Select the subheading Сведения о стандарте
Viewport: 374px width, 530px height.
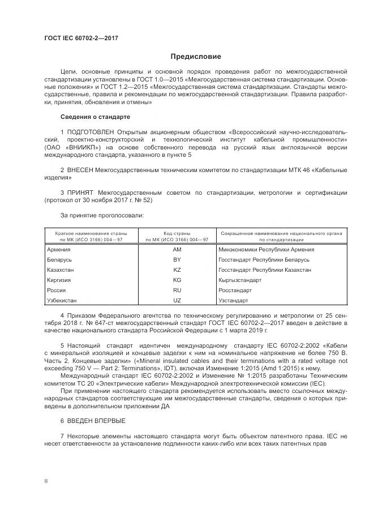point(95,117)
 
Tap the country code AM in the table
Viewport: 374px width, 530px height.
point(177,249)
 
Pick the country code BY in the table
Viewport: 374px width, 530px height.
point(177,259)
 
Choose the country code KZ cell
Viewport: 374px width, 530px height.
point(177,270)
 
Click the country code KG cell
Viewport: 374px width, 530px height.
point(177,280)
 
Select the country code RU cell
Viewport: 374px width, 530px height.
point(177,290)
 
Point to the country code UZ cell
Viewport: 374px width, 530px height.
point(177,300)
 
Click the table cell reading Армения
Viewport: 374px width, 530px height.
point(59,249)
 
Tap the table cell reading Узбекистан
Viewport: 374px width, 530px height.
point(62,300)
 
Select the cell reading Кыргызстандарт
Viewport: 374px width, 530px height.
point(239,280)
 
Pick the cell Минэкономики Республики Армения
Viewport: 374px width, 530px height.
point(266,249)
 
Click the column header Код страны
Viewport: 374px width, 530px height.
point(177,233)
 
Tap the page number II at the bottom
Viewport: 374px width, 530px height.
point(46,481)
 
